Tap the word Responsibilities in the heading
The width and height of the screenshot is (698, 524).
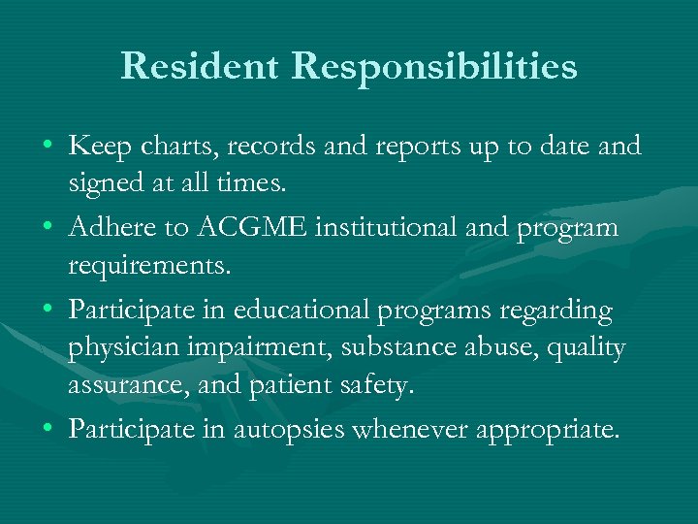(435, 68)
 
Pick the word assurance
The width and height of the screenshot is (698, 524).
(115, 385)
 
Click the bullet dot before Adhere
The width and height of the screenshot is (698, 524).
(48, 229)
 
